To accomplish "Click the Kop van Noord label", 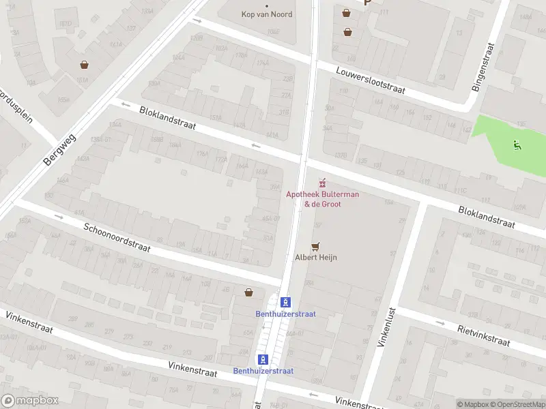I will click(267, 14).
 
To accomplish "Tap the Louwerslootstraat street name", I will click(371, 80).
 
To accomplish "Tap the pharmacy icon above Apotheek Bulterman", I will click(322, 183).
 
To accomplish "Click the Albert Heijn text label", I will click(315, 258).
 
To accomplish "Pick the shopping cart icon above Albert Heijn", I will click(315, 246).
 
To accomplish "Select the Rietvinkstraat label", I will click(483, 335).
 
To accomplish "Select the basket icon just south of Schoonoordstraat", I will click(249, 292).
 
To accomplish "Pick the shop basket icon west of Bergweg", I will click(84, 65).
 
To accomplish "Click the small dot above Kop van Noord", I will click(266, 5).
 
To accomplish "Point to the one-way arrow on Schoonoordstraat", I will click(58, 217).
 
